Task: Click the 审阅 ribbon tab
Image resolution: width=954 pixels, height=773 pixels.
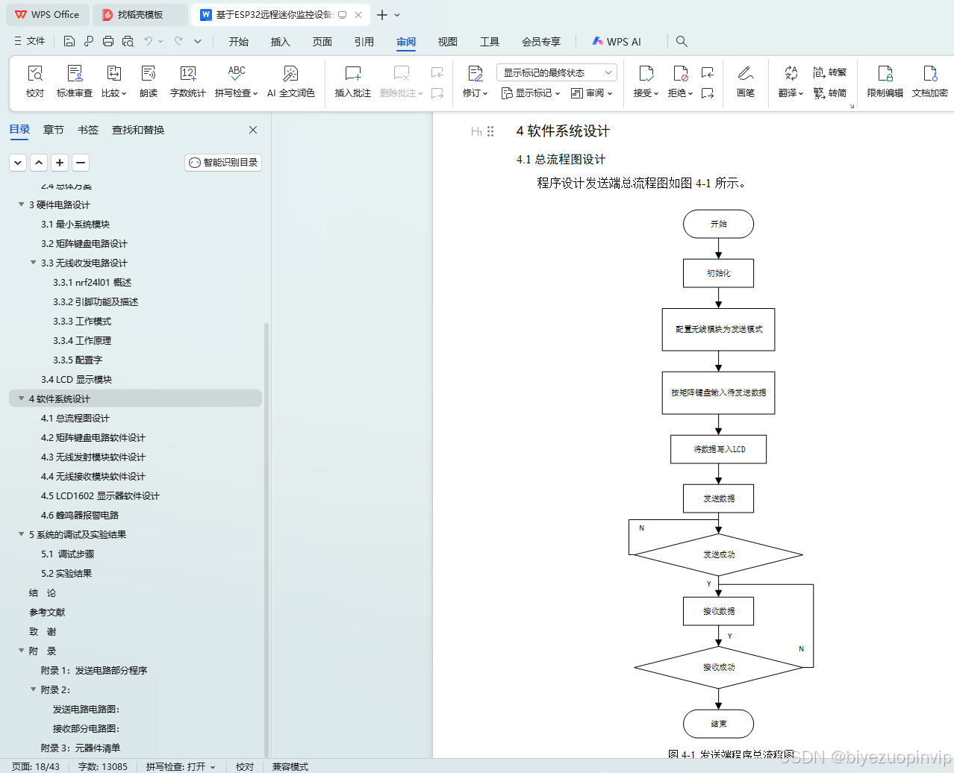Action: pos(406,42)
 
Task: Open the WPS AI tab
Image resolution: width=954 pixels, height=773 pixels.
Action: pos(617,42)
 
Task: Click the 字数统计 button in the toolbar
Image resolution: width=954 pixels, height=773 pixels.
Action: pos(187,81)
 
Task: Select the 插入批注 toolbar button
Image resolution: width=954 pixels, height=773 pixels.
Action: pos(352,81)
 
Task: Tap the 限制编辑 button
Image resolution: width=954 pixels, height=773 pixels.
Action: pos(885,81)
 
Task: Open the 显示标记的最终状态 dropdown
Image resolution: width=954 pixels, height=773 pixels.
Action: pos(556,72)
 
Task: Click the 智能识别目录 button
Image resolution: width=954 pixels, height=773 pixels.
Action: pos(223,163)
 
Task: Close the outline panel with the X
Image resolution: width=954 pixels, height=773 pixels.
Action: pos(253,130)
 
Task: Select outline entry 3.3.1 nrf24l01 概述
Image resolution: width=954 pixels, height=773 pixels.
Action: pos(92,283)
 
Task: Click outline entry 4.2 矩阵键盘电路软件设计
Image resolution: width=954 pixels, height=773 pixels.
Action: pos(93,438)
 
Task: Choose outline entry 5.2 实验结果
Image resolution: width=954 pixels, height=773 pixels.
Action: pos(66,574)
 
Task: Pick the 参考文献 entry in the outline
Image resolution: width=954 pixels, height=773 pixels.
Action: pos(47,613)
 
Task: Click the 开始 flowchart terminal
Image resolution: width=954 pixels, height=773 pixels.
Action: pos(718,224)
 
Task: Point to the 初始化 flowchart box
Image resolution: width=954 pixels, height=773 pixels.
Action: pos(718,273)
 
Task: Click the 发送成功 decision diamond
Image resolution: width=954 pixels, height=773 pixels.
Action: pos(718,554)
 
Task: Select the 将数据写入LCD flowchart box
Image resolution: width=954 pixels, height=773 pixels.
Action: pos(718,449)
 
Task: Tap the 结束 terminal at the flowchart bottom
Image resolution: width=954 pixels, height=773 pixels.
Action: pos(718,724)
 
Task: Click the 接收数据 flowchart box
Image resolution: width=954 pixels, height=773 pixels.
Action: pos(718,611)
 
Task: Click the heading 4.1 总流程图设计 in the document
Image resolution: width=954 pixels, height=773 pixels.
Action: pos(561,160)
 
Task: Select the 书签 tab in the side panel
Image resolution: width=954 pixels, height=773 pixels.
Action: pos(88,130)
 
